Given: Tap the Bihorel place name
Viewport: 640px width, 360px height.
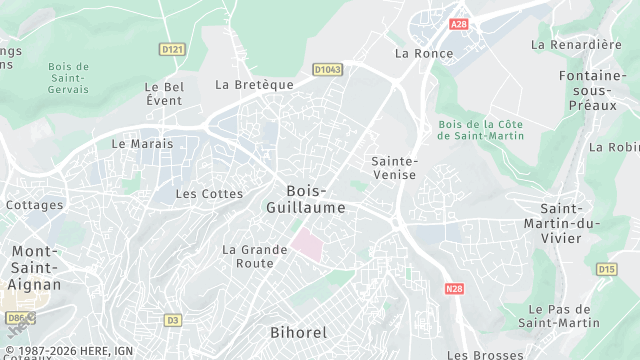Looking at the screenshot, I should coord(298,331).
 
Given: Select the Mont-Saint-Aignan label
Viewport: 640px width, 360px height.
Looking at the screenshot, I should coord(35,267).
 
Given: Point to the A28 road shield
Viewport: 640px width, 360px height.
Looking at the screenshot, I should coord(459,24).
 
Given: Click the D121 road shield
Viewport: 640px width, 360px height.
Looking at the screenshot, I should coord(173,48).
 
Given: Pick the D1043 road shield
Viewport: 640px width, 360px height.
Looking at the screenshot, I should coord(327,69).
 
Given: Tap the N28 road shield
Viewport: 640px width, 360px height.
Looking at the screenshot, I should coord(455,288).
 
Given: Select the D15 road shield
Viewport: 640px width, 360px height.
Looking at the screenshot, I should coord(606,269).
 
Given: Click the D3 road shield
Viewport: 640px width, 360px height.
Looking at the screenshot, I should coord(173,320).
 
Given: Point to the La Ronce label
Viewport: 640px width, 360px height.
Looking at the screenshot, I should coord(418,53).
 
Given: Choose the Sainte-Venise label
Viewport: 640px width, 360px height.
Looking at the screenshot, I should coord(394,168).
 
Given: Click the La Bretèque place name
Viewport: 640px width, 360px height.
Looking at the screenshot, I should coord(255,85).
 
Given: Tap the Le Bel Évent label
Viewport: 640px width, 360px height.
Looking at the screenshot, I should coord(164,93).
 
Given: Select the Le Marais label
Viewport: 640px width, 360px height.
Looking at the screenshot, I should coord(142,143).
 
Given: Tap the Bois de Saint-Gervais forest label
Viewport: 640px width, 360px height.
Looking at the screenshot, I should coord(68,78).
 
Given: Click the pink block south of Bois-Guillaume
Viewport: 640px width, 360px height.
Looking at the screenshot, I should coord(308,244).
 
